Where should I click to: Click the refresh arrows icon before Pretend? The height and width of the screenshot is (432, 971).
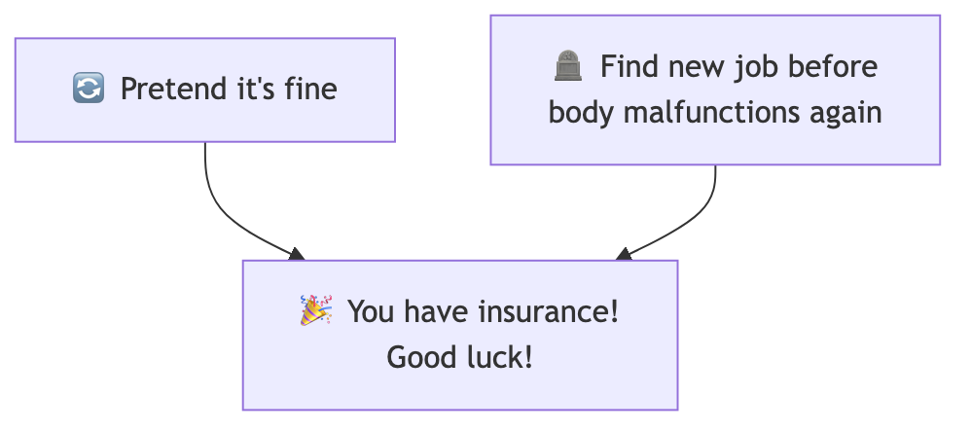pyautogui.click(x=88, y=90)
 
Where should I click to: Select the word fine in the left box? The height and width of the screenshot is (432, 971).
pyautogui.click(x=312, y=90)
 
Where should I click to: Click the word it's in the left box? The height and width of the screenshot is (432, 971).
pyautogui.click(x=252, y=90)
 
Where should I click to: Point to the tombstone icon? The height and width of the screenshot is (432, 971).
pyautogui.click(x=568, y=67)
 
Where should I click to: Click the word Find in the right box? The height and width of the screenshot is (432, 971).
pyautogui.click(x=625, y=67)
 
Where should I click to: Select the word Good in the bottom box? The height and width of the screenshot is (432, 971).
pyautogui.click(x=421, y=357)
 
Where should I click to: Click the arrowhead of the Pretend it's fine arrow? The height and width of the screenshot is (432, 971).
pyautogui.click(x=297, y=255)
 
